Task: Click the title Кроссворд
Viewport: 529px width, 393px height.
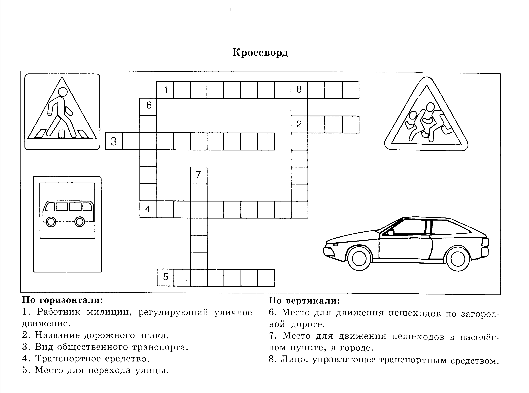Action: [260, 52]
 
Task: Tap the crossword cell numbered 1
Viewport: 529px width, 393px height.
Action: [165, 90]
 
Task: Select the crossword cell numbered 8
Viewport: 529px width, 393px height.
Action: [299, 90]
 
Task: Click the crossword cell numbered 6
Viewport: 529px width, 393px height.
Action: [148, 106]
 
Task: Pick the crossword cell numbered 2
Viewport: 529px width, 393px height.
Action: [299, 124]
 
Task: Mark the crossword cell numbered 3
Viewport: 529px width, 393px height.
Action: [114, 141]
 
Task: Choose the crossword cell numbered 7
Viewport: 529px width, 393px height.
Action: [199, 175]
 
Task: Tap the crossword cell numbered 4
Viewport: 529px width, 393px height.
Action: [148, 209]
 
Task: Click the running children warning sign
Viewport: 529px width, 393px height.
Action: [426, 116]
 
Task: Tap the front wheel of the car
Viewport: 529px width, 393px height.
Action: [360, 258]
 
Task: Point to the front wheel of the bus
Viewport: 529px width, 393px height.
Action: [51, 221]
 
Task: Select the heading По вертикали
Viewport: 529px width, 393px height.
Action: [304, 301]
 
